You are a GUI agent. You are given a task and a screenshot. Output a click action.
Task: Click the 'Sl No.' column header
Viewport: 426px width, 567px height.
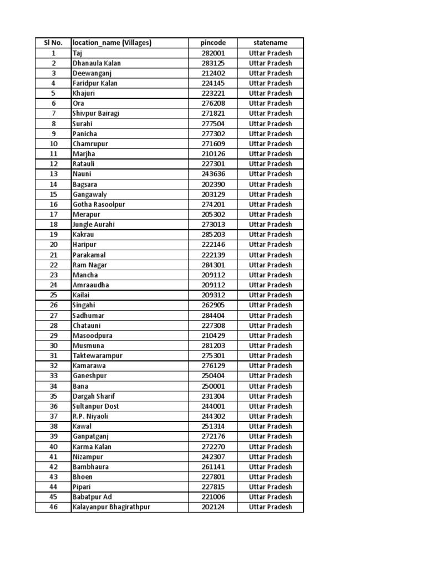click(x=53, y=43)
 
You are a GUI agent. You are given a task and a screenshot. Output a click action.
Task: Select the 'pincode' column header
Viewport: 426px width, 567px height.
click(x=213, y=43)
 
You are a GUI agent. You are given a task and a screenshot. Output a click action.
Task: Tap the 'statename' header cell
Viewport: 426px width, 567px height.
click(x=270, y=43)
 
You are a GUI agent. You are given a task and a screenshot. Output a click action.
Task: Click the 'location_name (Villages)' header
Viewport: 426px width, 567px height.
click(x=112, y=43)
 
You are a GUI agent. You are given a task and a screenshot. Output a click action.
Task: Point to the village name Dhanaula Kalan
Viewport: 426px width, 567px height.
click(x=97, y=63)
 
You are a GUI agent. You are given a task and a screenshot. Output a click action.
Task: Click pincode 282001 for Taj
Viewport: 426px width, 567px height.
click(x=213, y=53)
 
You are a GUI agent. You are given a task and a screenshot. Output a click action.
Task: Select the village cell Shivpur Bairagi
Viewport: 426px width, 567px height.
click(x=96, y=114)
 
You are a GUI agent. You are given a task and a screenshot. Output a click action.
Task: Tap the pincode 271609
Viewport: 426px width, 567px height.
click(x=213, y=144)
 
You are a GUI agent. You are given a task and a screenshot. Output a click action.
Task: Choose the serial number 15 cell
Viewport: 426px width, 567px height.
click(x=53, y=194)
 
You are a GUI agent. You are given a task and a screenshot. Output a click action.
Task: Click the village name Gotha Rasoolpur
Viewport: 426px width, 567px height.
click(x=99, y=204)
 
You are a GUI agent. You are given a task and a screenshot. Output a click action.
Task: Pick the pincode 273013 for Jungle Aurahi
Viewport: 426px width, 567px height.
click(x=213, y=224)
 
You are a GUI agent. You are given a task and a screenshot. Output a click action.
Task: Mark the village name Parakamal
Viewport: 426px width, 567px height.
click(x=89, y=255)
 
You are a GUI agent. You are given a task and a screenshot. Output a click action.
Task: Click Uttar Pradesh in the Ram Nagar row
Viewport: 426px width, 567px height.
click(x=270, y=265)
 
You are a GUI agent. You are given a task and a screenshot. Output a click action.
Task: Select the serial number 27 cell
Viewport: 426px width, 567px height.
click(x=53, y=315)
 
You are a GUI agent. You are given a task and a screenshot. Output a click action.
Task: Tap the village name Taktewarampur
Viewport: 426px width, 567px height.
click(x=97, y=355)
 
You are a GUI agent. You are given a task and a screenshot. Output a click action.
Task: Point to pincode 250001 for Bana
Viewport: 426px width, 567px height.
click(x=213, y=386)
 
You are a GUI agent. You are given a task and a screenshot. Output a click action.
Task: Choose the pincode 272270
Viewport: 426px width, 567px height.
click(x=213, y=446)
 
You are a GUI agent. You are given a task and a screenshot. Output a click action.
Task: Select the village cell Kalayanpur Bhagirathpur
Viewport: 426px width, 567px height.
click(x=111, y=507)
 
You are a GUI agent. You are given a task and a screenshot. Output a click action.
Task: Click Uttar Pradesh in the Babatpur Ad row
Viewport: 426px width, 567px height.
click(x=270, y=497)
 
